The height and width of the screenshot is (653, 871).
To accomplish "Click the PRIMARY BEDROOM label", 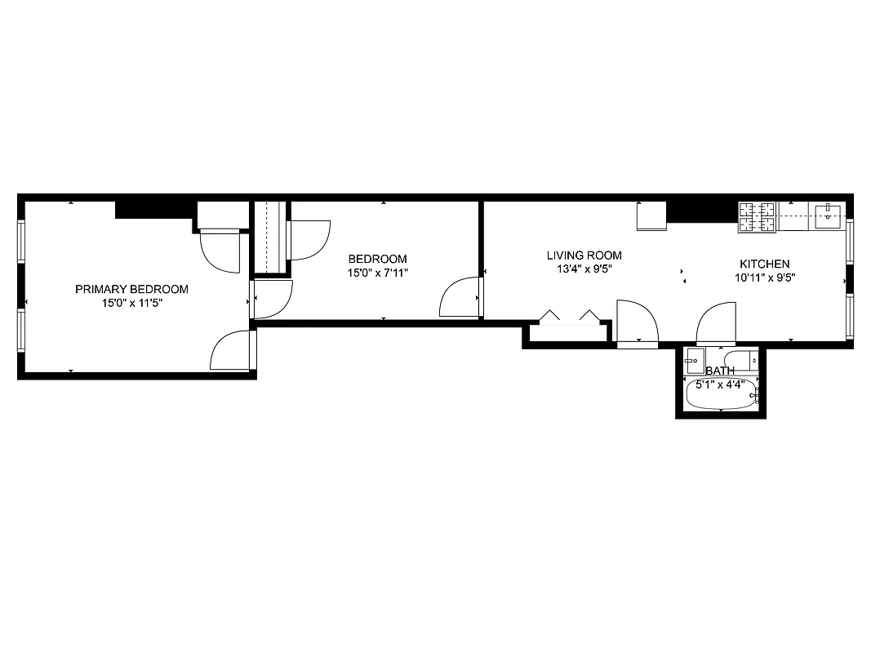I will tap(131, 289).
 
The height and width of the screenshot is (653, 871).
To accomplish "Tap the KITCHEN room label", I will tap(764, 264).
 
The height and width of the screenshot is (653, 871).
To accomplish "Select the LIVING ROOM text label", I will tap(584, 255).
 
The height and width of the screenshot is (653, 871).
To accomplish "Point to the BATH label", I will tap(720, 371).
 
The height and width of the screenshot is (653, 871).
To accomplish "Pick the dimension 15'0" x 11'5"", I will tap(131, 303).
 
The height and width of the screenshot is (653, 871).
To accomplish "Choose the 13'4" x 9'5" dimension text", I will tap(584, 268).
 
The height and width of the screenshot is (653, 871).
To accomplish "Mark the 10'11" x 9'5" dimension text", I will tap(764, 277).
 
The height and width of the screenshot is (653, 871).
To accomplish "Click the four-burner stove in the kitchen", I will tap(758, 216).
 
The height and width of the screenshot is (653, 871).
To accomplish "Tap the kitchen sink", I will tap(829, 216).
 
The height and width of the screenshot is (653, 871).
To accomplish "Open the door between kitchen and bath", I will tap(717, 324).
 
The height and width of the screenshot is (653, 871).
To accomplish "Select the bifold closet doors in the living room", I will tap(569, 319).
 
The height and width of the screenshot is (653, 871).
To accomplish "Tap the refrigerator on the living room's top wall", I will tap(651, 216).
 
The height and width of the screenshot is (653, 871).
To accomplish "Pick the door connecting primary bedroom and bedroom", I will tap(273, 300).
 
